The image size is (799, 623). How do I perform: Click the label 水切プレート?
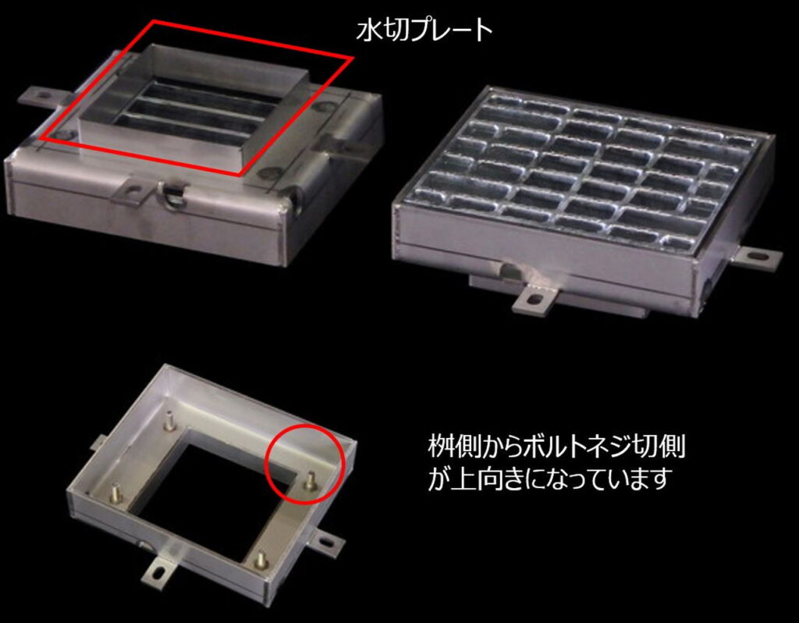tap(424, 30)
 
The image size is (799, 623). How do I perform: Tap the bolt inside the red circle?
tap(309, 481)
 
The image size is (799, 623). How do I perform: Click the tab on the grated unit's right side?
tap(756, 257)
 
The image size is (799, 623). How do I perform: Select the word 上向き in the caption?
tap(486, 479)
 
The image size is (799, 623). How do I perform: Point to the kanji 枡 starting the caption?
tap(440, 447)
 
